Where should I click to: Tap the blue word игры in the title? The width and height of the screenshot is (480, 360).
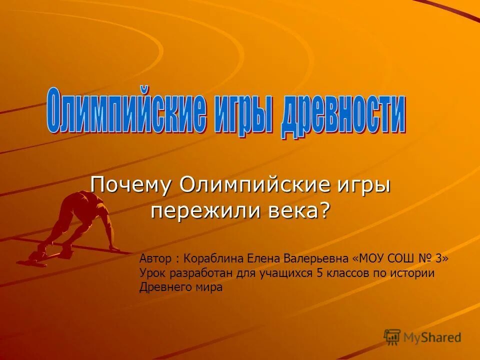pos(243,112)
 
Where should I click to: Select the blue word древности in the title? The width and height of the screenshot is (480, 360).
pos(343,114)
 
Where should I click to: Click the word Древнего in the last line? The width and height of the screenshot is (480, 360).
pos(161,287)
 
